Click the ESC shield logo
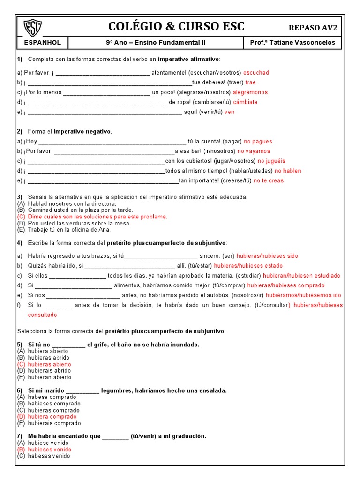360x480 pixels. pyautogui.click(x=32, y=28)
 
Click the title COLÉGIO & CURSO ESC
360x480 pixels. pyautogui.click(x=176, y=26)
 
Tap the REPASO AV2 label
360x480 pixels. pyautogui.click(x=313, y=28)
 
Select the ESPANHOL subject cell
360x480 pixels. pyautogui.click(x=42, y=43)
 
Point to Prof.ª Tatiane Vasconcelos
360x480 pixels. pyautogui.click(x=292, y=43)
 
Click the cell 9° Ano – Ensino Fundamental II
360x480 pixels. pyautogui.click(x=156, y=43)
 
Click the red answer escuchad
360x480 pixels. pyautogui.click(x=256, y=73)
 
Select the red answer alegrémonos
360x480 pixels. pyautogui.click(x=250, y=92)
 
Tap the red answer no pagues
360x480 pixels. pyautogui.click(x=258, y=141)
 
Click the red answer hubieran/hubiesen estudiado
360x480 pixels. pyautogui.click(x=301, y=276)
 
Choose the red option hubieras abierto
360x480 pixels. pyautogui.click(x=49, y=364)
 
